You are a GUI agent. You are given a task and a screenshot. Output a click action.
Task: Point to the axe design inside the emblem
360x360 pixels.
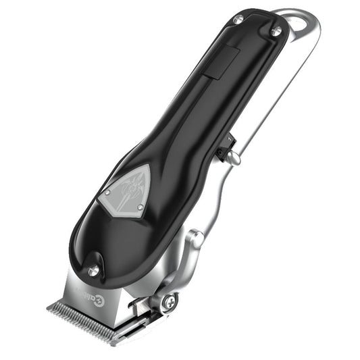coord(128,190)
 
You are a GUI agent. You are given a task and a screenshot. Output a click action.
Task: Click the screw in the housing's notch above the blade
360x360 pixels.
coord(93,269)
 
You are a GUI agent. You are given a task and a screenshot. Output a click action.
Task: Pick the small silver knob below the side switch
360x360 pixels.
coord(232,157)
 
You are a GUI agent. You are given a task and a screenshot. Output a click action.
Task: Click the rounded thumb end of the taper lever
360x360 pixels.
coord(197,238)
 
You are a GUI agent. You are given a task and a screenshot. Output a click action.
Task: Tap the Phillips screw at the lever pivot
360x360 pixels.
coord(169,302)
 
